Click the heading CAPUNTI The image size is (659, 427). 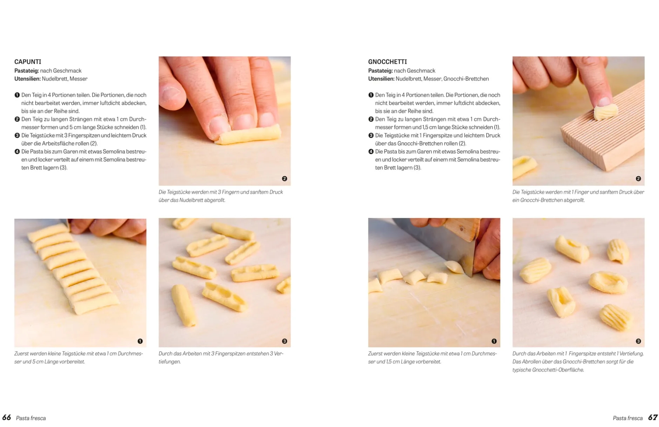click(28, 62)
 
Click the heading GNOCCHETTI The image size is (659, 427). click(387, 62)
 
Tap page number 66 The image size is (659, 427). click(6, 417)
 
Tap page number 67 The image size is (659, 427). click(653, 417)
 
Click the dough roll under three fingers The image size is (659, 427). click(248, 134)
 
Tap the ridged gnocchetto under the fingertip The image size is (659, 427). click(606, 111)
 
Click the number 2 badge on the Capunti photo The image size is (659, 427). click(284, 179)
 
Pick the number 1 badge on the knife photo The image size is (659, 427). click(494, 341)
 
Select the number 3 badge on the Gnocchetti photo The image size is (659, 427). click(638, 341)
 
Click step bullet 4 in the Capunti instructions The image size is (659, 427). click(17, 151)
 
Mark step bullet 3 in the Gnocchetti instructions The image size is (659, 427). click(371, 135)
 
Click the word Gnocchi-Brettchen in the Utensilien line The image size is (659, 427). click(466, 79)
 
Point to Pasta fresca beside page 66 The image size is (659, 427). click(31, 418)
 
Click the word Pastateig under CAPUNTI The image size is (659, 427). click(27, 71)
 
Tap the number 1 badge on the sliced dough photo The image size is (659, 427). click(140, 341)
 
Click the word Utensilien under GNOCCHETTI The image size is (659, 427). click(381, 79)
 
